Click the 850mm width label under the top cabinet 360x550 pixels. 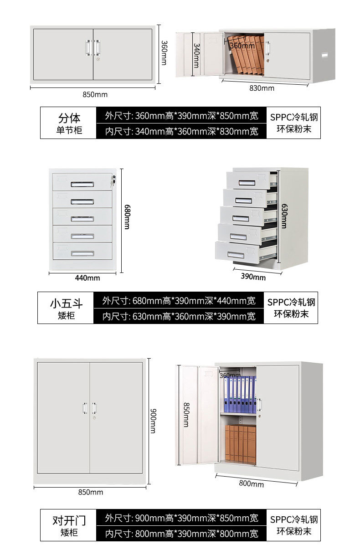[95, 94]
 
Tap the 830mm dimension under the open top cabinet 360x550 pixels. [262, 88]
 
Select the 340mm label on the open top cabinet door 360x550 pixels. [196, 55]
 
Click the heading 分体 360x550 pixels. [69, 118]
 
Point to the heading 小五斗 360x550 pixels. [66, 303]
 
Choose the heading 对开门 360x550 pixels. [69, 520]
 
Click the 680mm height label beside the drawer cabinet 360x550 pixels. [127, 217]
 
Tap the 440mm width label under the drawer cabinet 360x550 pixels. [87, 278]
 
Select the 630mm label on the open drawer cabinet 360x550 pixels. [283, 216]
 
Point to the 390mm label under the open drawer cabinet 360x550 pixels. [253, 277]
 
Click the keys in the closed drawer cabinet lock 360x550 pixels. [113, 181]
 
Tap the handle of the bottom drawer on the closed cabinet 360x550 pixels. [82, 253]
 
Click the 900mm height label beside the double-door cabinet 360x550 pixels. [153, 421]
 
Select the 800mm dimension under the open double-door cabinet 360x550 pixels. [251, 483]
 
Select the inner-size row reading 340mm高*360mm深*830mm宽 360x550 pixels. [181, 132]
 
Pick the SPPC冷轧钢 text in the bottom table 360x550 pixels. [293, 519]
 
